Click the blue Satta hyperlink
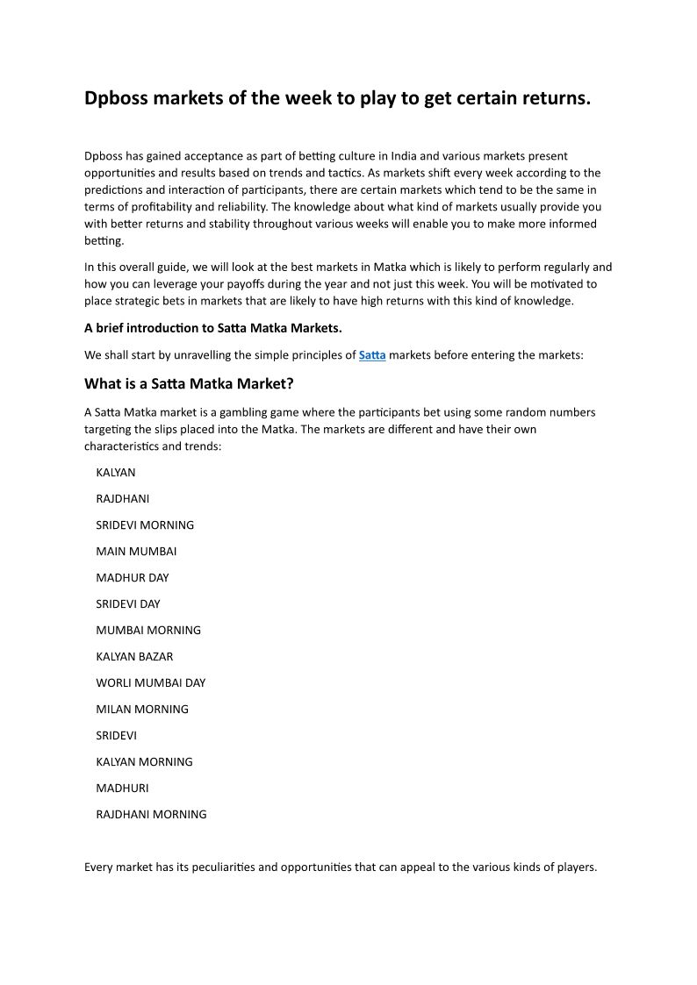pyautogui.click(x=372, y=355)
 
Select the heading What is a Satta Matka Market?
pyautogui.click(x=189, y=383)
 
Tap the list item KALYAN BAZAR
pyautogui.click(x=134, y=656)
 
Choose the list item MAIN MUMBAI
pyautogui.click(x=136, y=551)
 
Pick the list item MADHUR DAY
pyautogui.click(x=133, y=577)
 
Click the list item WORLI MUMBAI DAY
pyautogui.click(x=150, y=682)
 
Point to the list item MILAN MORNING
pyautogui.click(x=142, y=709)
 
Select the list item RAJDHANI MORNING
pyautogui.click(x=151, y=814)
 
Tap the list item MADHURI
pyautogui.click(x=122, y=788)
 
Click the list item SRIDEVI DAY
pyautogui.click(x=128, y=603)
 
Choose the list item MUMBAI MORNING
pyautogui.click(x=148, y=630)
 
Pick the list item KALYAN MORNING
pyautogui.click(x=144, y=761)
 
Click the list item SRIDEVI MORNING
pyautogui.click(x=145, y=525)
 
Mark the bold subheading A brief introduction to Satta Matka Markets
pyautogui.click(x=213, y=328)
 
